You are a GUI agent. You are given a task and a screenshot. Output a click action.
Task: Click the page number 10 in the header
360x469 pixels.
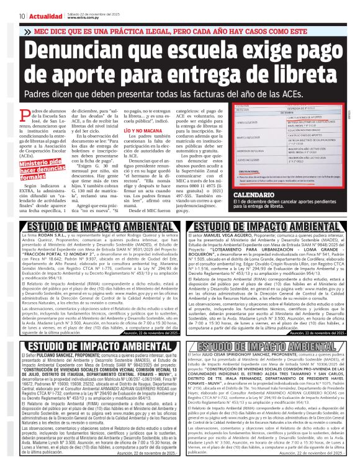(x=22, y=15)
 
